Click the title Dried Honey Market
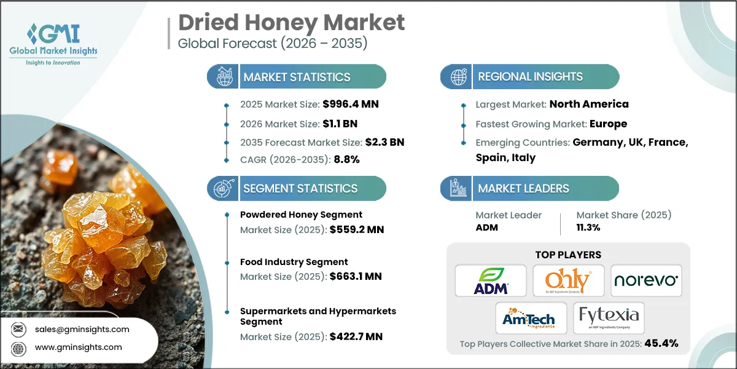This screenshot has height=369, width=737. (x=292, y=23)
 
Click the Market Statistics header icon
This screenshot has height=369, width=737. (x=223, y=77)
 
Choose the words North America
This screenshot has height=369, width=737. (x=588, y=104)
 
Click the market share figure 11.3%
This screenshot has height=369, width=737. (x=588, y=227)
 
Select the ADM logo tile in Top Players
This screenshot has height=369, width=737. (x=490, y=280)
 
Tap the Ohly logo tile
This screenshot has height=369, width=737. (x=568, y=280)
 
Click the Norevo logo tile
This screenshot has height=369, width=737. (x=646, y=280)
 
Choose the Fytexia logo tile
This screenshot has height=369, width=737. (x=609, y=318)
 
